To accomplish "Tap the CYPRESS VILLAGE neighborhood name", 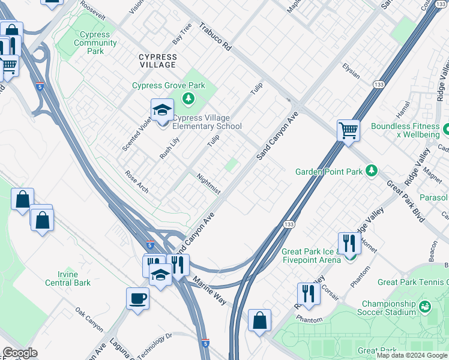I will (158, 61).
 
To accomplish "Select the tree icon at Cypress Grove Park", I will (189, 97).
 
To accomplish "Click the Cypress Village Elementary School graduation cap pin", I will (162, 111).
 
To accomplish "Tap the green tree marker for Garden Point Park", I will (372, 171).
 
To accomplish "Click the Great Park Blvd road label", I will (405, 202).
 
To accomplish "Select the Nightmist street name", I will (209, 184).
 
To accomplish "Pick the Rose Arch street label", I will (136, 182).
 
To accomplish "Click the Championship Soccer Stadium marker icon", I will (426, 307).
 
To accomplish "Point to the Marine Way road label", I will (209, 290).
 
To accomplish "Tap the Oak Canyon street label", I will (89, 320).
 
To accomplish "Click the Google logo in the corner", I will (21, 353).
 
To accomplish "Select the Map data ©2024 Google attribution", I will (412, 355).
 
